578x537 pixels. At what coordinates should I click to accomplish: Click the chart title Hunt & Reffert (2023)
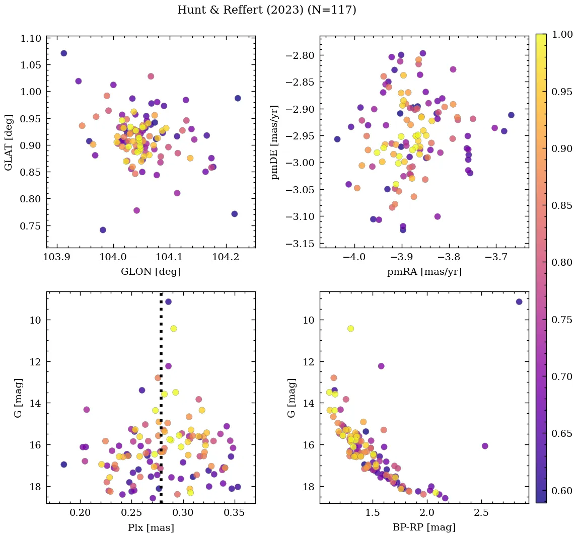point(266,10)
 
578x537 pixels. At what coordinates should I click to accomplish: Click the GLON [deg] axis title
point(151,272)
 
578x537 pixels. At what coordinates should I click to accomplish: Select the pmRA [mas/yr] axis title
point(424,272)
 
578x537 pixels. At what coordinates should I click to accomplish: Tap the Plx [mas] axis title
point(151,527)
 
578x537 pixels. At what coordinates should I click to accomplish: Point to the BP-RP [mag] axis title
point(424,527)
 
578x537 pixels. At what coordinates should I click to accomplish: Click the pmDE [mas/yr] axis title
point(274,142)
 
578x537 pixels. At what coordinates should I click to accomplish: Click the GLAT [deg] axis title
point(9,142)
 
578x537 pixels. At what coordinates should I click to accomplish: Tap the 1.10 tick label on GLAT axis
point(31,38)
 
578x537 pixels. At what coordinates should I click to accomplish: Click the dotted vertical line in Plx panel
point(161,352)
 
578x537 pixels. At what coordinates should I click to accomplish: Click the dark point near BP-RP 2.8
point(519,301)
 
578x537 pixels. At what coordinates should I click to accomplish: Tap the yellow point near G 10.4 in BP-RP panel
point(350,329)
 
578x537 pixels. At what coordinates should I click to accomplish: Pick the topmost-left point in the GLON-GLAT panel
point(63,53)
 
